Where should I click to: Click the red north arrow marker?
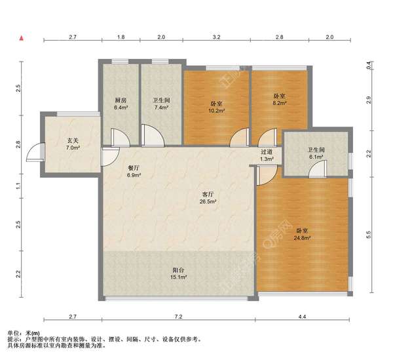point(22,38)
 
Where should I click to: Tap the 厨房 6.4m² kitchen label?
point(121,104)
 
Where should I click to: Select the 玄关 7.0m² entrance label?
point(73,144)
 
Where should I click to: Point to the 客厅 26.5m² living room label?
point(208,197)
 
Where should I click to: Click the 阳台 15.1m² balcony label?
point(178,273)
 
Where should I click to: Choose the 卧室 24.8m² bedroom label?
point(302,234)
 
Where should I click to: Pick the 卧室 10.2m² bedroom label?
point(216,107)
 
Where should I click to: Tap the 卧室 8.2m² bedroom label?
point(280,100)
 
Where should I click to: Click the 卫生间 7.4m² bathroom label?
point(161,104)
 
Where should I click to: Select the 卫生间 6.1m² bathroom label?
point(316,153)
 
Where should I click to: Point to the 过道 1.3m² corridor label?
point(267,155)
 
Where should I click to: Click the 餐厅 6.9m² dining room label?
point(134,171)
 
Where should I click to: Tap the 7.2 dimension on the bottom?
point(178,317)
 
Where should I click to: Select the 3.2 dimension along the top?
point(217,37)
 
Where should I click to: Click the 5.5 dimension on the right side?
point(368,235)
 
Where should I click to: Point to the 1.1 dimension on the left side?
point(18,186)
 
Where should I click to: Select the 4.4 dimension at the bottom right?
point(302,317)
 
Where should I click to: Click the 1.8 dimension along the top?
point(121,37)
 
